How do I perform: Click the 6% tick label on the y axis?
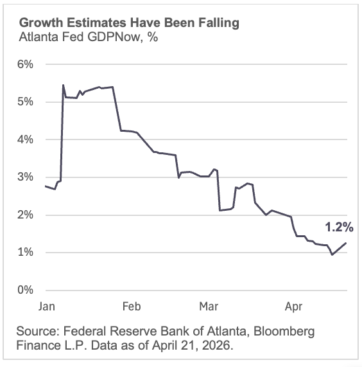tap(24, 64)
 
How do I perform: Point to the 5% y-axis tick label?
tap(24, 102)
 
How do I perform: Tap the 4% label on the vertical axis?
tap(24, 139)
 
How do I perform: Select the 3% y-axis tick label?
tap(24, 177)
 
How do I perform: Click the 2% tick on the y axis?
tap(24, 215)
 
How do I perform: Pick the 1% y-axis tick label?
tap(24, 253)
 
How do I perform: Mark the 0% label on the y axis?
tap(24, 290)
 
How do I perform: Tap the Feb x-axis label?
tap(131, 306)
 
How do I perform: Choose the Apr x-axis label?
tap(293, 306)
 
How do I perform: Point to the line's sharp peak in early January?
tap(63, 85)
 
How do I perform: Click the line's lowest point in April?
tap(332, 255)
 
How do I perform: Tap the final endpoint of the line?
tap(347, 243)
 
